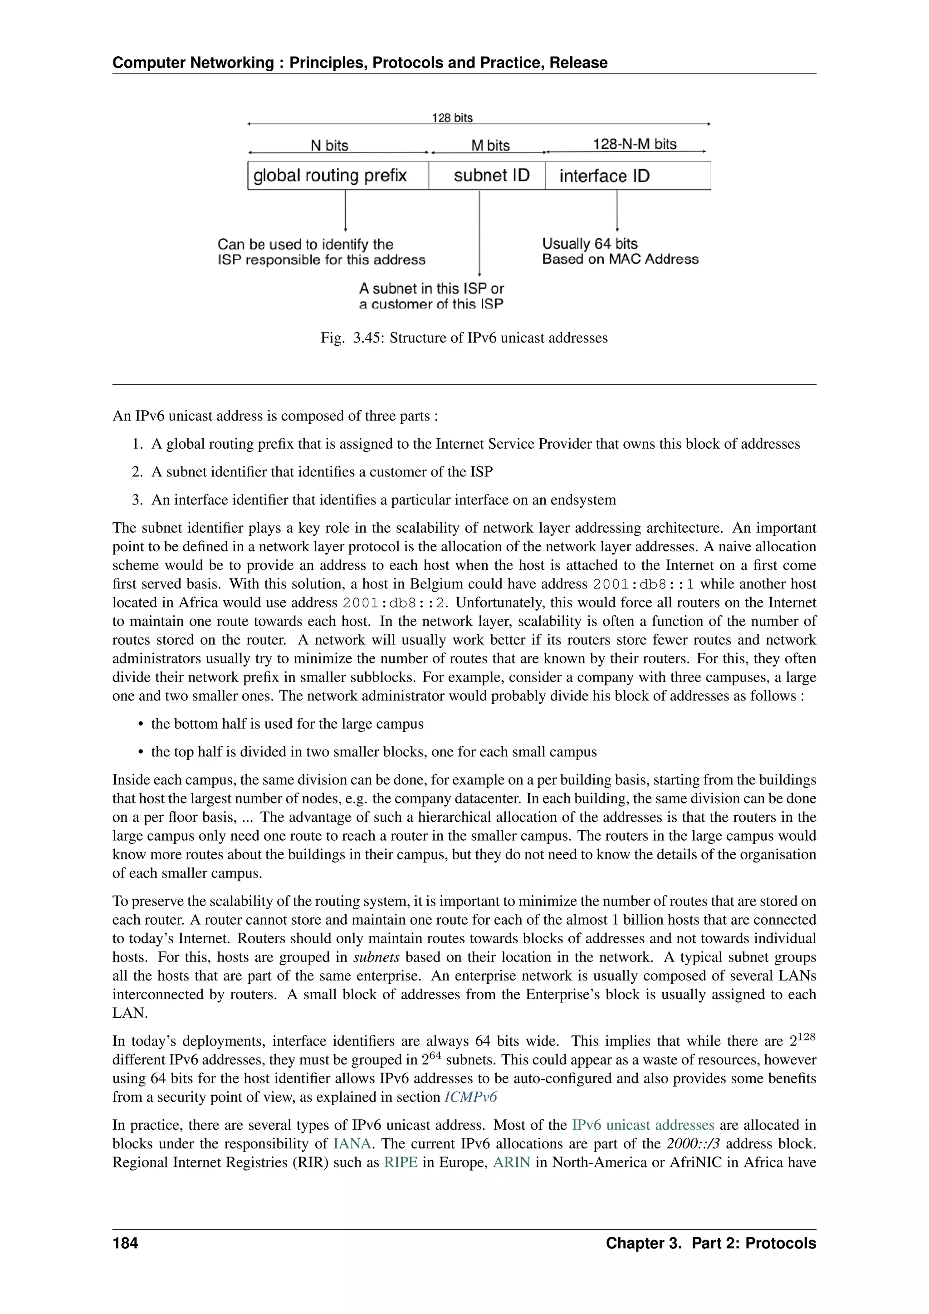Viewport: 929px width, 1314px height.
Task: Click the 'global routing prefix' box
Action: (x=337, y=175)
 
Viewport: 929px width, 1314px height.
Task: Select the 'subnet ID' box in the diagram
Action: (x=487, y=175)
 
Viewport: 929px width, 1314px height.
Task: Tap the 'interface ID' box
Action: (x=627, y=175)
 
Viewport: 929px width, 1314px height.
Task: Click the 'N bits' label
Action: (x=329, y=145)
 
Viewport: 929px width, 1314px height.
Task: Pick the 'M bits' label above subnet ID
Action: (x=490, y=145)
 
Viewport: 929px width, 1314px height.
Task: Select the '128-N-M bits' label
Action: (x=635, y=144)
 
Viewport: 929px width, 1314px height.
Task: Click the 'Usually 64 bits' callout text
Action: (x=590, y=244)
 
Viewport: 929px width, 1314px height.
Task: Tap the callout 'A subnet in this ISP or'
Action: (x=431, y=289)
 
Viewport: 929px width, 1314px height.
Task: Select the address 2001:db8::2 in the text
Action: (x=394, y=603)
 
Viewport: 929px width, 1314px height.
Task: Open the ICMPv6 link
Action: (x=470, y=1097)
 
